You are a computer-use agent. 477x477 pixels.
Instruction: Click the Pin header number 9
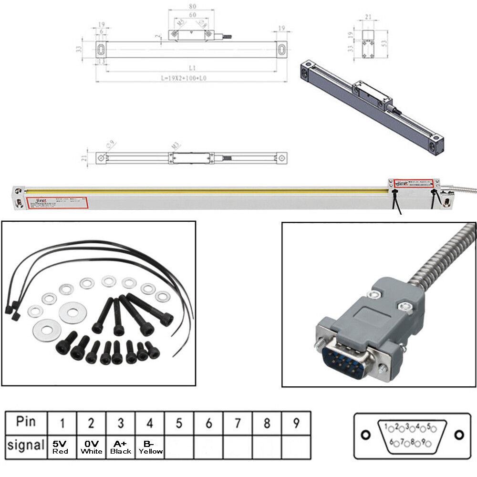[296, 423]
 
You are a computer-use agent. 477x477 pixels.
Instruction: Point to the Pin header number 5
[179, 423]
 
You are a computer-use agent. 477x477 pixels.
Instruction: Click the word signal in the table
[26, 446]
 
